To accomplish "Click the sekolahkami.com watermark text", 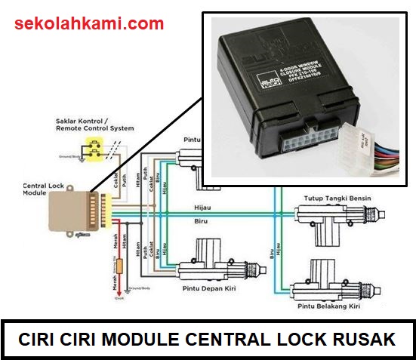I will [89, 24].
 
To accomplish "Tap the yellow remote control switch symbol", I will [95, 151].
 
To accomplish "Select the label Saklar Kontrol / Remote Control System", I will [94, 125].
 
